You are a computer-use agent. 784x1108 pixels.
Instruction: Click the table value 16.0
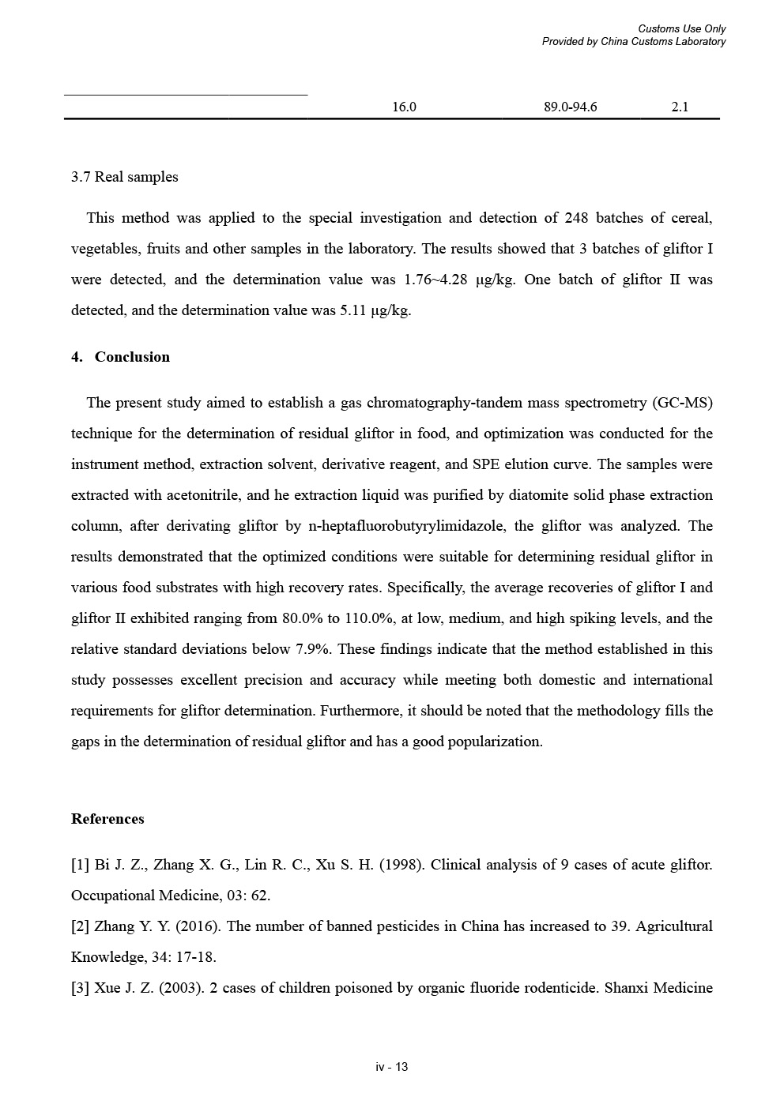pyautogui.click(x=404, y=107)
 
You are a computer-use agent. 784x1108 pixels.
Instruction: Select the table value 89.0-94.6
pyautogui.click(x=570, y=107)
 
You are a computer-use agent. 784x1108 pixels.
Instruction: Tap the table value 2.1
pyautogui.click(x=680, y=107)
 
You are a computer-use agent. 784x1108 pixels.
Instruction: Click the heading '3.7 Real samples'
pyautogui.click(x=124, y=177)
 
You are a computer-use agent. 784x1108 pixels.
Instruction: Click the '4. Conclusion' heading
pyautogui.click(x=120, y=357)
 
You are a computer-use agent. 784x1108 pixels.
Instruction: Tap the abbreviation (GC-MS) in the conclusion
pyautogui.click(x=682, y=403)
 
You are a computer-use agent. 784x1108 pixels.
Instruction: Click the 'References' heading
pyautogui.click(x=107, y=819)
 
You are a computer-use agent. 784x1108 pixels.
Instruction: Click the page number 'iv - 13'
pyautogui.click(x=392, y=1067)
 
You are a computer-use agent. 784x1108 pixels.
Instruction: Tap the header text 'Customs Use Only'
pyautogui.click(x=681, y=29)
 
